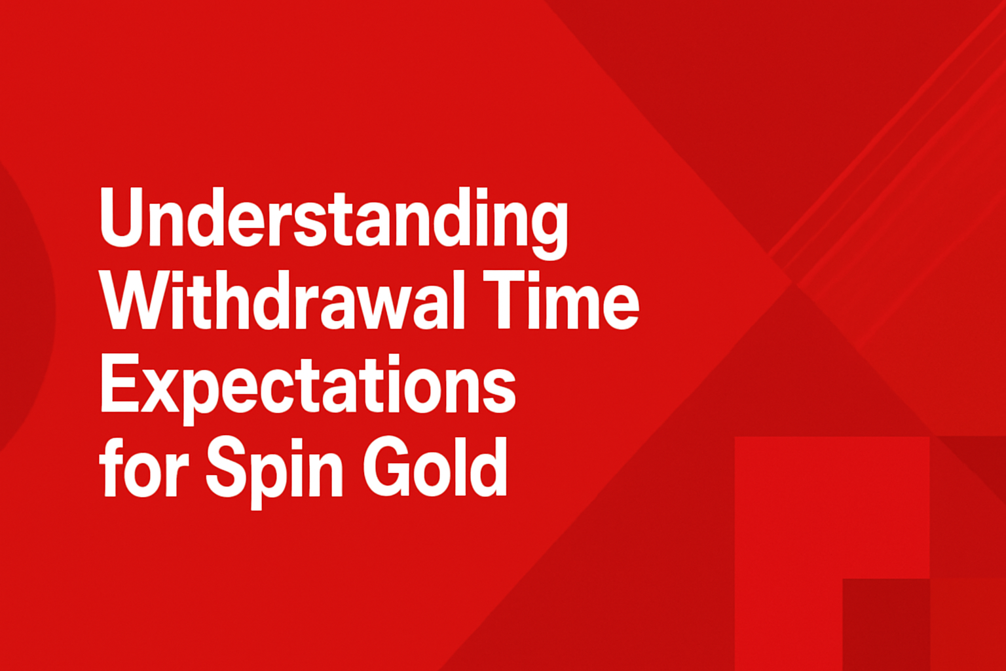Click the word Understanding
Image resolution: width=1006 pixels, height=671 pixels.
333,223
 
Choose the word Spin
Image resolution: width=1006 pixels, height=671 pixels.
274,472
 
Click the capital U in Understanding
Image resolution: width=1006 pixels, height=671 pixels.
122,218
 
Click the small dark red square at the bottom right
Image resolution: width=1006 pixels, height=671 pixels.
885,624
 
